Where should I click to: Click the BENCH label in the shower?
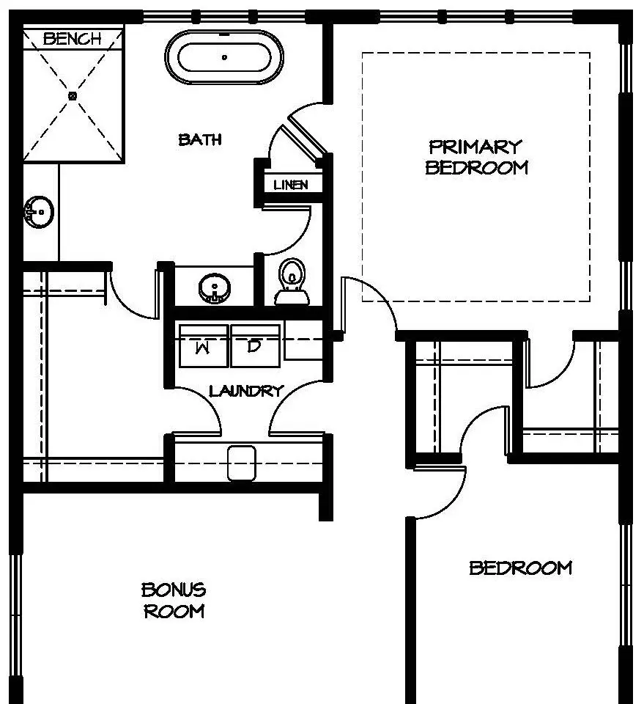[x=72, y=39]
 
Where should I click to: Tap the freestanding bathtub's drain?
[x=224, y=57]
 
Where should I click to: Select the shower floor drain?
[x=73, y=95]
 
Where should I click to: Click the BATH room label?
[x=200, y=139]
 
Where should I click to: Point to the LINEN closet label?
[x=291, y=185]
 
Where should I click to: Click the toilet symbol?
[x=292, y=282]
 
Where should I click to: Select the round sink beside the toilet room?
[x=215, y=288]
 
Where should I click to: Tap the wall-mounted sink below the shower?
[x=39, y=212]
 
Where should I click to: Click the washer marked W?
[x=203, y=345]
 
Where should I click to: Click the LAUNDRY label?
[x=247, y=391]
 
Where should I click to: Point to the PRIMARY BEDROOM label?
[x=476, y=157]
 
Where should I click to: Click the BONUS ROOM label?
[x=174, y=601]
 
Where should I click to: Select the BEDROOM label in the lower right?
[x=521, y=568]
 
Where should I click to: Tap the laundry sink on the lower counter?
[x=242, y=463]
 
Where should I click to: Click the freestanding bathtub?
[x=224, y=57]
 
